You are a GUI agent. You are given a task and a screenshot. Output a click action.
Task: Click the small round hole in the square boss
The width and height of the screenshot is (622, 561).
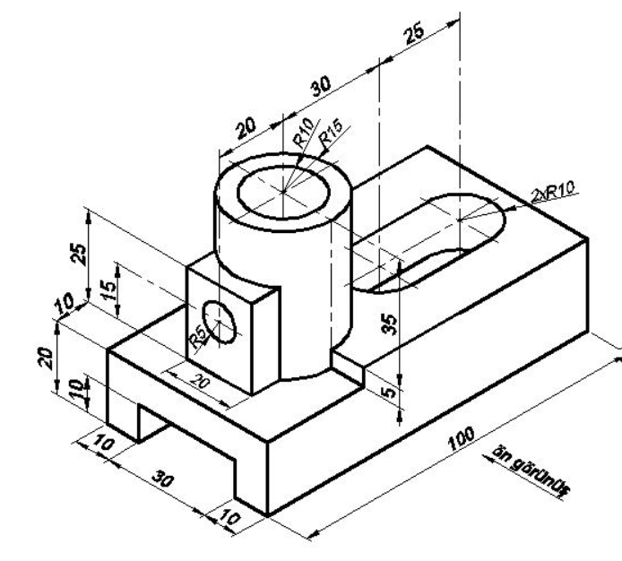point(220,322)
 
